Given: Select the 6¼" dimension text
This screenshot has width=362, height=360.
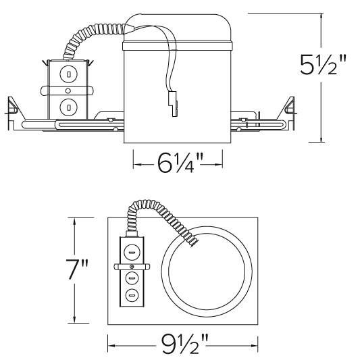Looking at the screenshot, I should coord(177,163).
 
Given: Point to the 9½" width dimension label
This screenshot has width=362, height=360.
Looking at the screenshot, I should coord(183,346).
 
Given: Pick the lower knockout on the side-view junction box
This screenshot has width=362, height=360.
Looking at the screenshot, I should coord(68,106).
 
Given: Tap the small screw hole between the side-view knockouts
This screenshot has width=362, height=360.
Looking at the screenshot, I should coord(68,90).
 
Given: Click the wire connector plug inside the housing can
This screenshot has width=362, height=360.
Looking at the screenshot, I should coord(172,107).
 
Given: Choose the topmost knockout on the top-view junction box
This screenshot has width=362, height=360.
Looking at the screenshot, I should coord(132,253).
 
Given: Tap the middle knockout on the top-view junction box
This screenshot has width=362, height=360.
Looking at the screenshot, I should coord(132,278).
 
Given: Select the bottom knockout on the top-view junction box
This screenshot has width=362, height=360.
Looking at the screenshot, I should coord(132,294).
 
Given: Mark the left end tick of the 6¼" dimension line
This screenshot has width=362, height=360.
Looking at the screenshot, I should coord(133,163).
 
